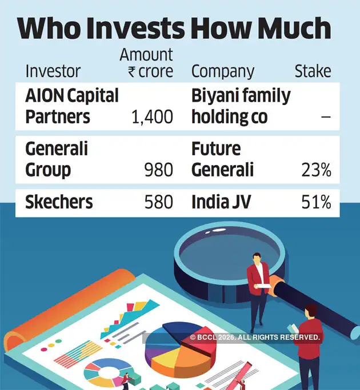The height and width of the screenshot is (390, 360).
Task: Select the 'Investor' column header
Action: coord(53,71)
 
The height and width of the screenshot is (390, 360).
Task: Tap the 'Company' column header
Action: coord(222,72)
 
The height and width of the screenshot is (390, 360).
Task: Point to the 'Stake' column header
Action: coord(313,71)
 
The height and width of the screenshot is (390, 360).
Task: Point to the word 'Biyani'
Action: coord(214,96)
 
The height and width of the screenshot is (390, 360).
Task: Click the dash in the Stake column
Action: coord(326,117)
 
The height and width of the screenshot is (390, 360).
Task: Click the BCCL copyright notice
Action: coord(255,338)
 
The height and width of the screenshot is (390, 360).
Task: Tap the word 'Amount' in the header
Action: coord(146,55)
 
